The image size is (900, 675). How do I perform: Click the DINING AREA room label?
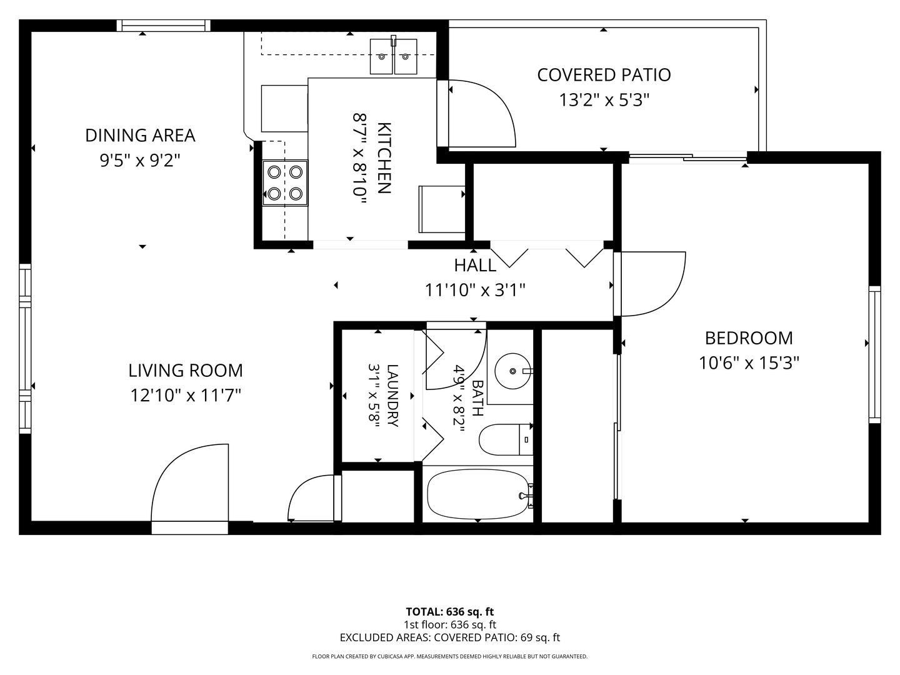pyautogui.click(x=140, y=136)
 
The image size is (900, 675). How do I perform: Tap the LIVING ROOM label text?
pyautogui.click(x=186, y=371)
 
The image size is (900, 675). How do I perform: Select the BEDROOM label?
pyautogui.click(x=749, y=339)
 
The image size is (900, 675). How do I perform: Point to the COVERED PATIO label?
pyautogui.click(x=604, y=75)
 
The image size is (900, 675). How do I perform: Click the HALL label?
pyautogui.click(x=475, y=266)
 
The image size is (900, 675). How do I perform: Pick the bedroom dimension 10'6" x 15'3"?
pyautogui.click(x=749, y=363)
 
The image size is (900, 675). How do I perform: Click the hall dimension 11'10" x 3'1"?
pyautogui.click(x=475, y=291)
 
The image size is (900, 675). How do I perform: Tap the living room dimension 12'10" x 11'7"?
pyautogui.click(x=186, y=396)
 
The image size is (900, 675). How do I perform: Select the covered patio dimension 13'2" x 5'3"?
pyautogui.click(x=604, y=100)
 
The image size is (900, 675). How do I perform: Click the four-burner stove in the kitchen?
pyautogui.click(x=285, y=182)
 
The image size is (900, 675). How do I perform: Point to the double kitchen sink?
pyautogui.click(x=394, y=56)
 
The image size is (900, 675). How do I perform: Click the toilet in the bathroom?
pyautogui.click(x=506, y=440)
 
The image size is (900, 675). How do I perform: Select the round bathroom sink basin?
pyautogui.click(x=513, y=371)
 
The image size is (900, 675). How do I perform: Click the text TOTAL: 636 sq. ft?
pyautogui.click(x=450, y=612)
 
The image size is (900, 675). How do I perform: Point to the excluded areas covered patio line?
pyautogui.click(x=450, y=637)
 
